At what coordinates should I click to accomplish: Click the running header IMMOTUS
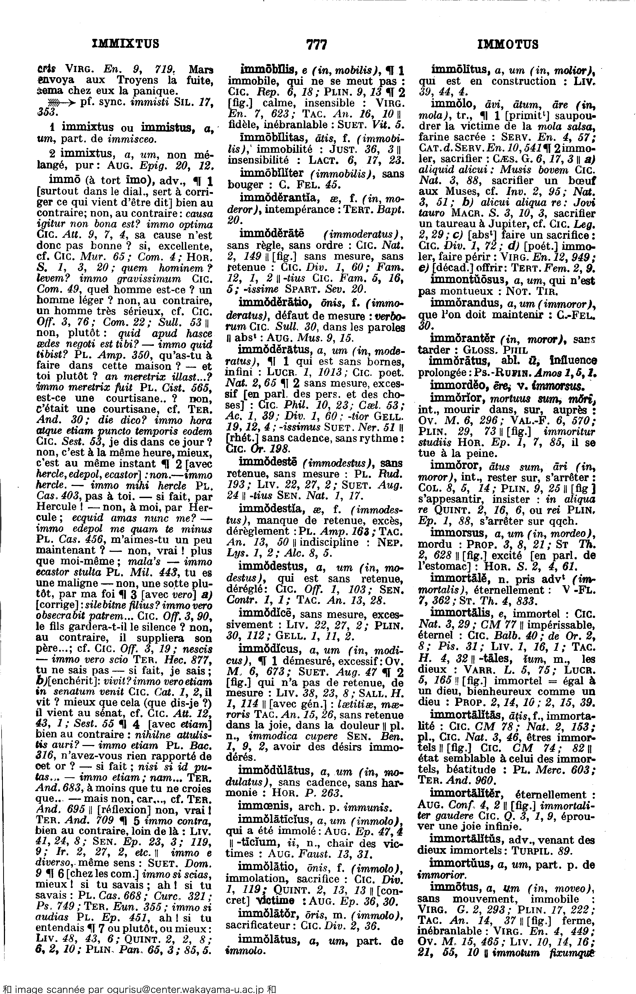click(507, 44)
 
